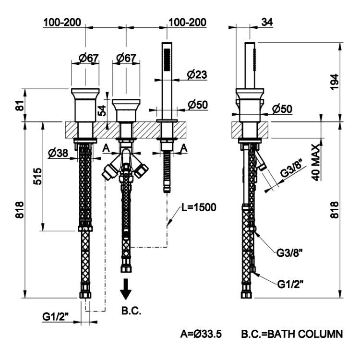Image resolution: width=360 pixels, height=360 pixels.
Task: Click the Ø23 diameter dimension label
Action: point(197,74)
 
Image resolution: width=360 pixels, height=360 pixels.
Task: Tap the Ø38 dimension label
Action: point(58,153)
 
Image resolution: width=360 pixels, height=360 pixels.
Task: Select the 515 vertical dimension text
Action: point(37,176)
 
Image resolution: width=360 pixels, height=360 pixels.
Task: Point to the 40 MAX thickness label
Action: point(316,163)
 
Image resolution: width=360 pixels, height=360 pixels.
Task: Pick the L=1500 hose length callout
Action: point(199,207)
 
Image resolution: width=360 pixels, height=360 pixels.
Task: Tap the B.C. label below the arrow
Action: point(131,311)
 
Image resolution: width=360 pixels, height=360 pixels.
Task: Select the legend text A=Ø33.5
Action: point(201,334)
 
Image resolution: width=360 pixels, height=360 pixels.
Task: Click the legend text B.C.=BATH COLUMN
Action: point(292,334)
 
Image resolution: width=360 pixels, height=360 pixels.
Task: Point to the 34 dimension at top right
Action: point(267,22)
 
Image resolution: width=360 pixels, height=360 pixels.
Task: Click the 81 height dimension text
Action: point(21,105)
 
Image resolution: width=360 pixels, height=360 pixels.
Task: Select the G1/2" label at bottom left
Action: point(56,317)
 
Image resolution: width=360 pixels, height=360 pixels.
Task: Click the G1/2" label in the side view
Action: point(290,284)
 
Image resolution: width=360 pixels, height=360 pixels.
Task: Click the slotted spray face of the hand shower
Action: point(167,59)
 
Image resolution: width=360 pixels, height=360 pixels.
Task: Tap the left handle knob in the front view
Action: point(85,105)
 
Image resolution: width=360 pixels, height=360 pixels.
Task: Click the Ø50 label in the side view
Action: point(282,109)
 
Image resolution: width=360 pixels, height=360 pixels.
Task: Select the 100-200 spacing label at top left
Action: point(62,23)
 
